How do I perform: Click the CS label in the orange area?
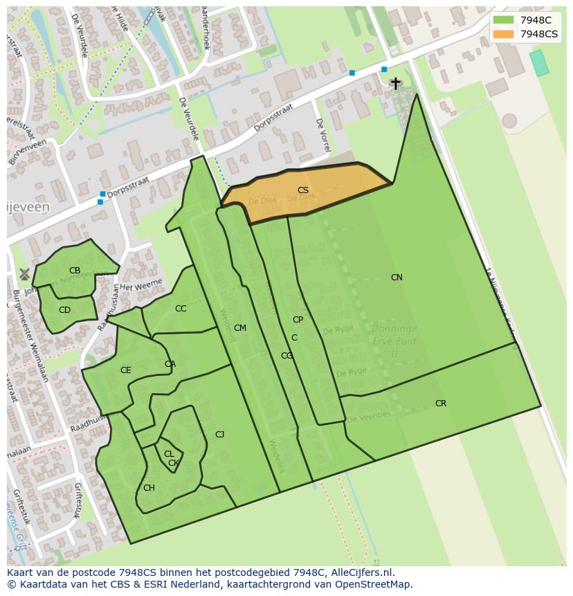point(303,190)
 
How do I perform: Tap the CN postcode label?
point(397,278)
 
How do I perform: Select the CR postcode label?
point(441,404)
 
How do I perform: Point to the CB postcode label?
point(75,271)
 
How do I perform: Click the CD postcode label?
point(64,310)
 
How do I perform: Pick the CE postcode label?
point(125,370)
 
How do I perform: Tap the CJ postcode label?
point(219,435)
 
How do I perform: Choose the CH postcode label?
point(149,488)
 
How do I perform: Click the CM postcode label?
point(240,328)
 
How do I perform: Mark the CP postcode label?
point(298,320)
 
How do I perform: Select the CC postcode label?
point(181,309)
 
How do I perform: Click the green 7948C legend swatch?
point(503,21)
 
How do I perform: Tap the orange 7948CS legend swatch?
point(503,34)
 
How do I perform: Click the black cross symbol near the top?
point(395,83)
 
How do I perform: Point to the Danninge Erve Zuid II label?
point(394,341)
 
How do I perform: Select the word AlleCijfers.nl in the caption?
point(361,572)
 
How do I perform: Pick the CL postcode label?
point(169,454)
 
